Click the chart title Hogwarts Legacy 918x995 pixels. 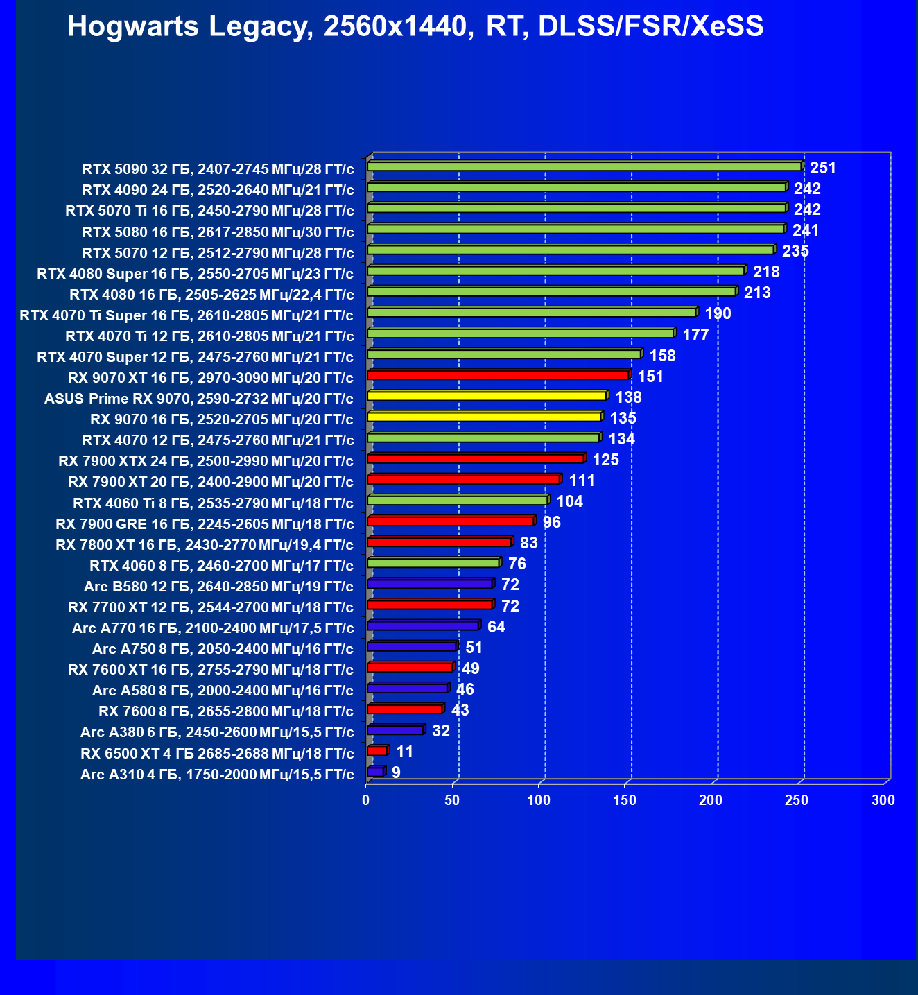pos(415,27)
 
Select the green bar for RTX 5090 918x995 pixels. pos(584,166)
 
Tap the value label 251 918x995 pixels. pos(823,168)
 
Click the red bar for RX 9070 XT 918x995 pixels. pos(498,375)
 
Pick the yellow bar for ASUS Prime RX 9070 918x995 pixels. pos(487,396)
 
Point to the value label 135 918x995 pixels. pos(623,418)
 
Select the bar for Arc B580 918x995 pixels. pos(430,584)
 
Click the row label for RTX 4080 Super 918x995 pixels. pos(195,273)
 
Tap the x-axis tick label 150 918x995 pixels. pos(625,800)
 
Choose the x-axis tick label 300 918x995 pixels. pos(883,800)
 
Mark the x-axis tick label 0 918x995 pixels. pos(366,800)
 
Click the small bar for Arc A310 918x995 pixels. pos(375,772)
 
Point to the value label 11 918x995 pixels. pos(405,752)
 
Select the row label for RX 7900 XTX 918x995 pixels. pos(206,461)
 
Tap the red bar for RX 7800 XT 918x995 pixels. pos(440,542)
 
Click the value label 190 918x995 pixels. pos(718,313)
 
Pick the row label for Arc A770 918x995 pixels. pos(213,628)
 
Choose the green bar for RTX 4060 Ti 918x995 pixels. pos(458,500)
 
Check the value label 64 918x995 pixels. pos(496,627)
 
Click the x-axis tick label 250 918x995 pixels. pos(797,800)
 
